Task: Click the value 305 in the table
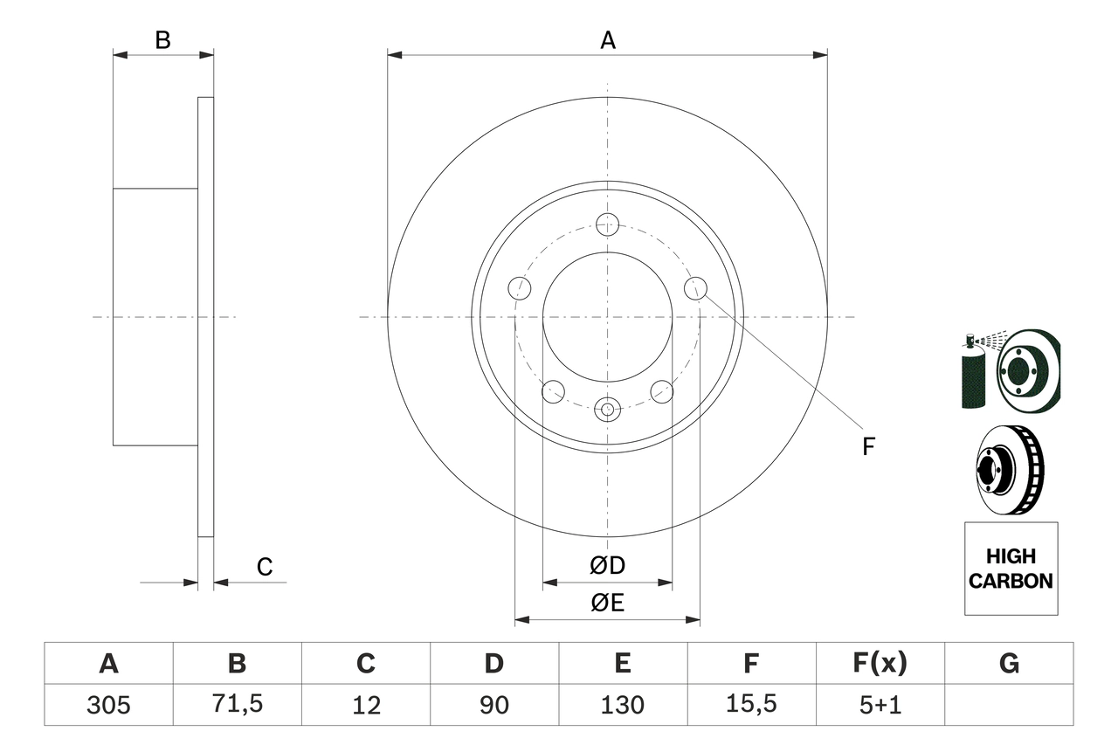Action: point(108,705)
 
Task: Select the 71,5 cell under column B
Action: point(237,705)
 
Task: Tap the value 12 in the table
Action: point(365,705)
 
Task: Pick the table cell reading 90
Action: point(493,705)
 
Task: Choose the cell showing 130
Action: point(622,705)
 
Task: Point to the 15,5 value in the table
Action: point(750,705)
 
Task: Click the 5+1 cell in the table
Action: point(880,705)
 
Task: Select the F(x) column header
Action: point(880,664)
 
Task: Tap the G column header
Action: point(1009,664)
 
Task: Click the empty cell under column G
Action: point(1009,705)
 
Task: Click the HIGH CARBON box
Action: point(1011,569)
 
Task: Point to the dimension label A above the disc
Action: point(608,40)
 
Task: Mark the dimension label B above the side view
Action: point(162,40)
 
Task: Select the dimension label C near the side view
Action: point(265,568)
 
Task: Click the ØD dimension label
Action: point(607,566)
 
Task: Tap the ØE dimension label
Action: point(607,604)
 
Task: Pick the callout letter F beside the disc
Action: point(868,447)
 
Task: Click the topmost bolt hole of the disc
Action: point(607,224)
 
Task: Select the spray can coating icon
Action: point(972,370)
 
